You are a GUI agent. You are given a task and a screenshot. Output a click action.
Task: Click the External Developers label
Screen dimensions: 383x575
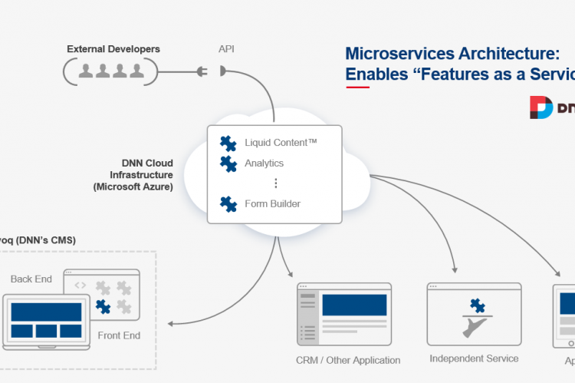113,49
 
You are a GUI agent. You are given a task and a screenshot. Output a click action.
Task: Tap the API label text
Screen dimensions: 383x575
226,49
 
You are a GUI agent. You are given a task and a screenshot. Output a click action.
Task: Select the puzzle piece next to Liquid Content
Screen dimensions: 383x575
228,143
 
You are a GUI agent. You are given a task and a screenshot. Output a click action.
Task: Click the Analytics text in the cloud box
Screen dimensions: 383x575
264,163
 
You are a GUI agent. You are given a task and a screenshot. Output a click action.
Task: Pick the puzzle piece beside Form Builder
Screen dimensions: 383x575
228,203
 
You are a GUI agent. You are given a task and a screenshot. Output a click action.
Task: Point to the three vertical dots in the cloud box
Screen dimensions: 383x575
276,183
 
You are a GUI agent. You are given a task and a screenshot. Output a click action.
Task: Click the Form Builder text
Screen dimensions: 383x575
272,204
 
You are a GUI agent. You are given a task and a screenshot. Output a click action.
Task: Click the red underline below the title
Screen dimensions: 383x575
357,87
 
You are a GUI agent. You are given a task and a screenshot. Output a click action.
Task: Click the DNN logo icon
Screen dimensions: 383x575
541,107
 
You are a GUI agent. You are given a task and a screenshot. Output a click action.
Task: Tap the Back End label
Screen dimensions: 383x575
31,279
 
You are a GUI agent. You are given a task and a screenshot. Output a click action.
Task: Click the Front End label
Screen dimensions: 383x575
119,335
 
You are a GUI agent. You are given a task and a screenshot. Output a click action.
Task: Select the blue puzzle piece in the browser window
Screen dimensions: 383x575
103,307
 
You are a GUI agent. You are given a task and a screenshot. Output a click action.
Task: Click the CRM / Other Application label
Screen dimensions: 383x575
348,360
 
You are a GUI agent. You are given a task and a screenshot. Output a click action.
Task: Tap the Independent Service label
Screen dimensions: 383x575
474,358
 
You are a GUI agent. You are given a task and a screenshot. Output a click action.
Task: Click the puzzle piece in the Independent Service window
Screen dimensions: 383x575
478,305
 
